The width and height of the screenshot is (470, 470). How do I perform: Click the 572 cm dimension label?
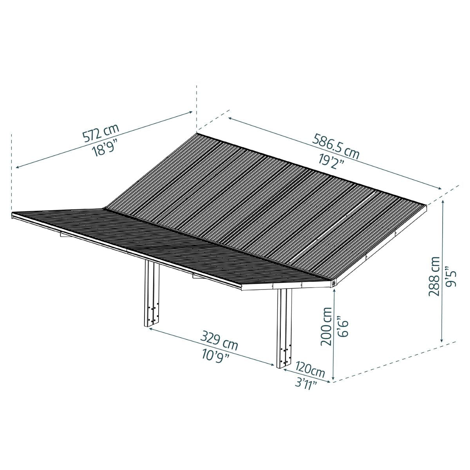pos(100,133)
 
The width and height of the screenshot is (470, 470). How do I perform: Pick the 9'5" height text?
pos(450,277)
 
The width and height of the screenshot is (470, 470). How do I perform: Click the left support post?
pos(151,294)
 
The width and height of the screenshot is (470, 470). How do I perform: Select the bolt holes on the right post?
pos(285,352)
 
